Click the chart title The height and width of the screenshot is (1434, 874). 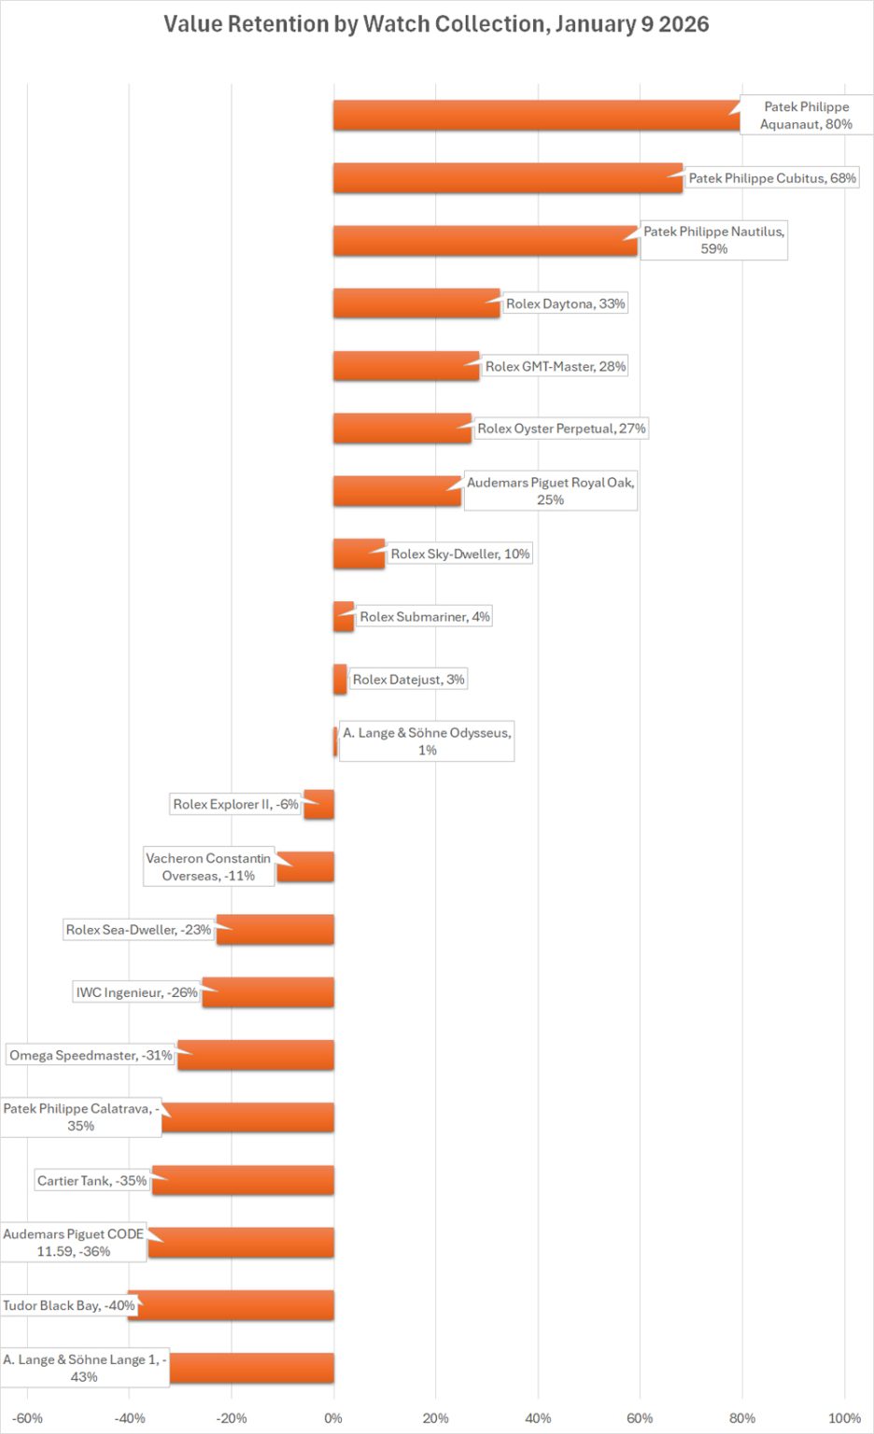436,24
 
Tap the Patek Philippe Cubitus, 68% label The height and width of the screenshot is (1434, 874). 771,178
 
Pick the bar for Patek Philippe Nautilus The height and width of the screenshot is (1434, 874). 485,240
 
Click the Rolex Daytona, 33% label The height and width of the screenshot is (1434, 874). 565,303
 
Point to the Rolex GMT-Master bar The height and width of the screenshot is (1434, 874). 406,366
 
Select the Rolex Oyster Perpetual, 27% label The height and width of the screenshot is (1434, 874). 561,429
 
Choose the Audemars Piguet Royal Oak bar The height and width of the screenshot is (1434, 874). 397,491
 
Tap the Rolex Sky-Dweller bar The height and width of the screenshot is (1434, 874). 359,554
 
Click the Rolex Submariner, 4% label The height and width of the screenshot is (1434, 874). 425,616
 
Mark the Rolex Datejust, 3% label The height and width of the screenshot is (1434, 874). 408,680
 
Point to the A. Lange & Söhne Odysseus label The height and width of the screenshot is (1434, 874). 427,741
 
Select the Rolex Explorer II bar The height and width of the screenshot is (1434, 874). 319,804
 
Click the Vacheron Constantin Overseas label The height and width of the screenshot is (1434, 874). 208,866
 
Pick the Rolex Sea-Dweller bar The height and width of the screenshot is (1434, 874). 275,930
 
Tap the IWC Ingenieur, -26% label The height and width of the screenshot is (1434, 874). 136,992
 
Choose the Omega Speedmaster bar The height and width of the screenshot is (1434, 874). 256,1055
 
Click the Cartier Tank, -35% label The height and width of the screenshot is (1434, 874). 92,1181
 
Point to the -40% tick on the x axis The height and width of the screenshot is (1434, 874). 130,1418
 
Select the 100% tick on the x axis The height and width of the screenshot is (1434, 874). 844,1418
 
